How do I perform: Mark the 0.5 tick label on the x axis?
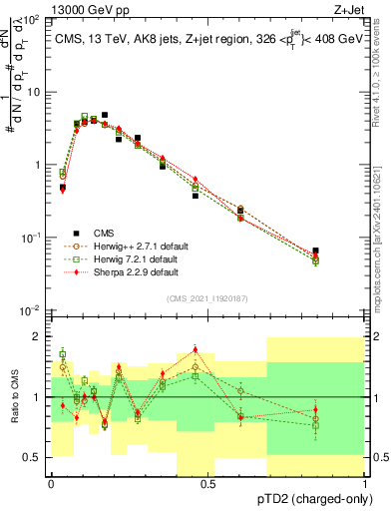pos(208,482)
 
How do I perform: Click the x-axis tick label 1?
pos(366,482)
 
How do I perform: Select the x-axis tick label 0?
pos(51,482)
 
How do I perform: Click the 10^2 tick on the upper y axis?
pos(32,20)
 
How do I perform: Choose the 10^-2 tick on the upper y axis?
pos(32,309)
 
